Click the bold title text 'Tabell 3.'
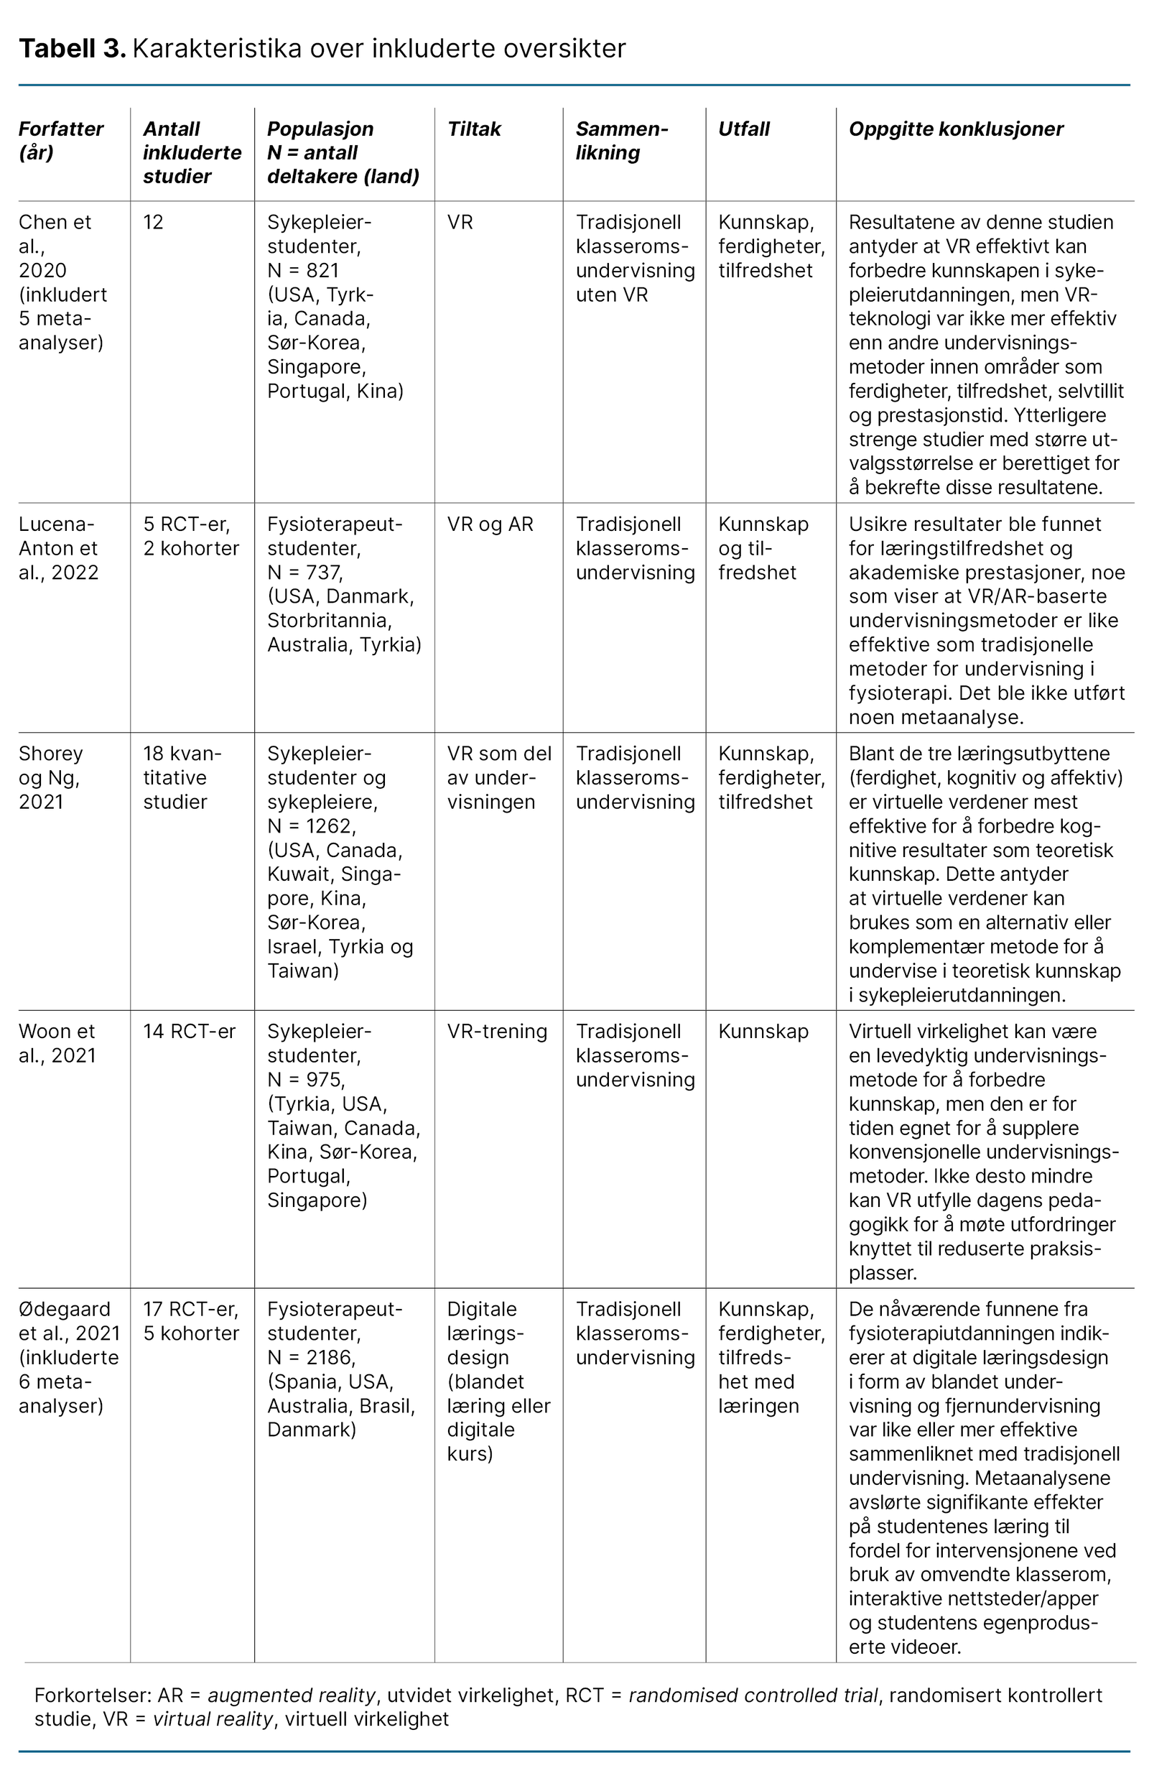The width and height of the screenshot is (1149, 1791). click(72, 49)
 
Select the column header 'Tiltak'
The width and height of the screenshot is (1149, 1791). click(474, 129)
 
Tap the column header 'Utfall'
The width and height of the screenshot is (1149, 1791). click(743, 129)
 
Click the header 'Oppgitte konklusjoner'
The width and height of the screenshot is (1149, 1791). click(956, 129)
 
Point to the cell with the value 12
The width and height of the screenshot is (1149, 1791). click(153, 223)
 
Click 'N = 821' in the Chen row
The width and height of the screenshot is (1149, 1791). click(303, 270)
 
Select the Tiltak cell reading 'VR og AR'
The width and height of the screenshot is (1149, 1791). click(490, 524)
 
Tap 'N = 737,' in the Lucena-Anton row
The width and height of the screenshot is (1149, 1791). click(304, 573)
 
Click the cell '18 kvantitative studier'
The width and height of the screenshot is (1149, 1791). click(182, 777)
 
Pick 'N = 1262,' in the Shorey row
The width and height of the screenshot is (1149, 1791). click(312, 826)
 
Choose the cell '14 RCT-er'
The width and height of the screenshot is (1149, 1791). click(190, 1032)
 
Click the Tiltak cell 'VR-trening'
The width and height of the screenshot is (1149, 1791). click(497, 1032)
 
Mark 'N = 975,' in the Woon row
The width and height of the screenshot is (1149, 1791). click(306, 1080)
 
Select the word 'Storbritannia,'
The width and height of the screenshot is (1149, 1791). click(330, 621)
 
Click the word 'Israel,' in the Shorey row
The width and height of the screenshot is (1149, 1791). click(291, 946)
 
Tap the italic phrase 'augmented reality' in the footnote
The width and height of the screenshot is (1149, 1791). click(291, 1695)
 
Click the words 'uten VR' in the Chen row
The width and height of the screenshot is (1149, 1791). click(612, 295)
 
